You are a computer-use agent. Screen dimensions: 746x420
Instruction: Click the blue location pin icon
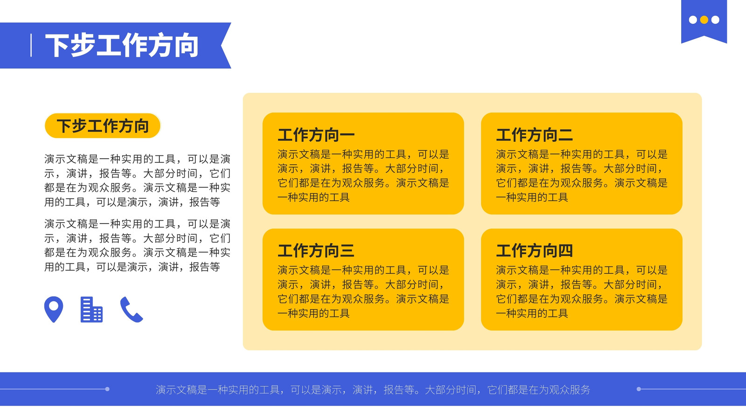coord(54,308)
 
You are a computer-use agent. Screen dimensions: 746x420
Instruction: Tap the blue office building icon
coord(91,309)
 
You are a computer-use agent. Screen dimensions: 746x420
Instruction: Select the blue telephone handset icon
coord(131,309)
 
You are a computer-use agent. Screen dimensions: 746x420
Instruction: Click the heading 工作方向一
coord(316,135)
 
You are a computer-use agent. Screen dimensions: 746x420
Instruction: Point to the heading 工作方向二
coord(534,135)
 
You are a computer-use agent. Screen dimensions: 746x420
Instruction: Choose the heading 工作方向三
coord(316,251)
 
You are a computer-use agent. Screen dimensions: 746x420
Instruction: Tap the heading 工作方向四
coord(534,251)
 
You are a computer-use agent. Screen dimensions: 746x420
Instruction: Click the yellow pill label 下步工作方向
coord(103,126)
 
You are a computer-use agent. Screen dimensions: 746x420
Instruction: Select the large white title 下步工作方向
coord(122,45)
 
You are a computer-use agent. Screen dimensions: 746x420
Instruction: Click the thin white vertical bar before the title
coord(31,45)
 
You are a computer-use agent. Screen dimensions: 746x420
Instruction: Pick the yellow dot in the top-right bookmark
coord(704,20)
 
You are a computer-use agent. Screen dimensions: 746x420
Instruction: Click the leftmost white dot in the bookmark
coord(693,20)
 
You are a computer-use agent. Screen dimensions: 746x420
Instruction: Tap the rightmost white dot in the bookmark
coord(715,20)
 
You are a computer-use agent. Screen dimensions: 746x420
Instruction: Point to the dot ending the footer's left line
coord(107,389)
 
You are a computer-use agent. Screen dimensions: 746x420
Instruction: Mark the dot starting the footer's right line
coord(639,389)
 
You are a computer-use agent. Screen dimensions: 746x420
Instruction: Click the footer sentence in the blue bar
coord(373,389)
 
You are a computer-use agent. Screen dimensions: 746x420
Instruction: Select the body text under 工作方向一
coord(363,176)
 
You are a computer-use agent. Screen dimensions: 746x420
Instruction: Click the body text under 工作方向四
coord(582,292)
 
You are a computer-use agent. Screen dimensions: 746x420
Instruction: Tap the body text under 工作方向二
coord(582,176)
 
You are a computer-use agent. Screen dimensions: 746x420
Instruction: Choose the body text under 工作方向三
coord(363,292)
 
